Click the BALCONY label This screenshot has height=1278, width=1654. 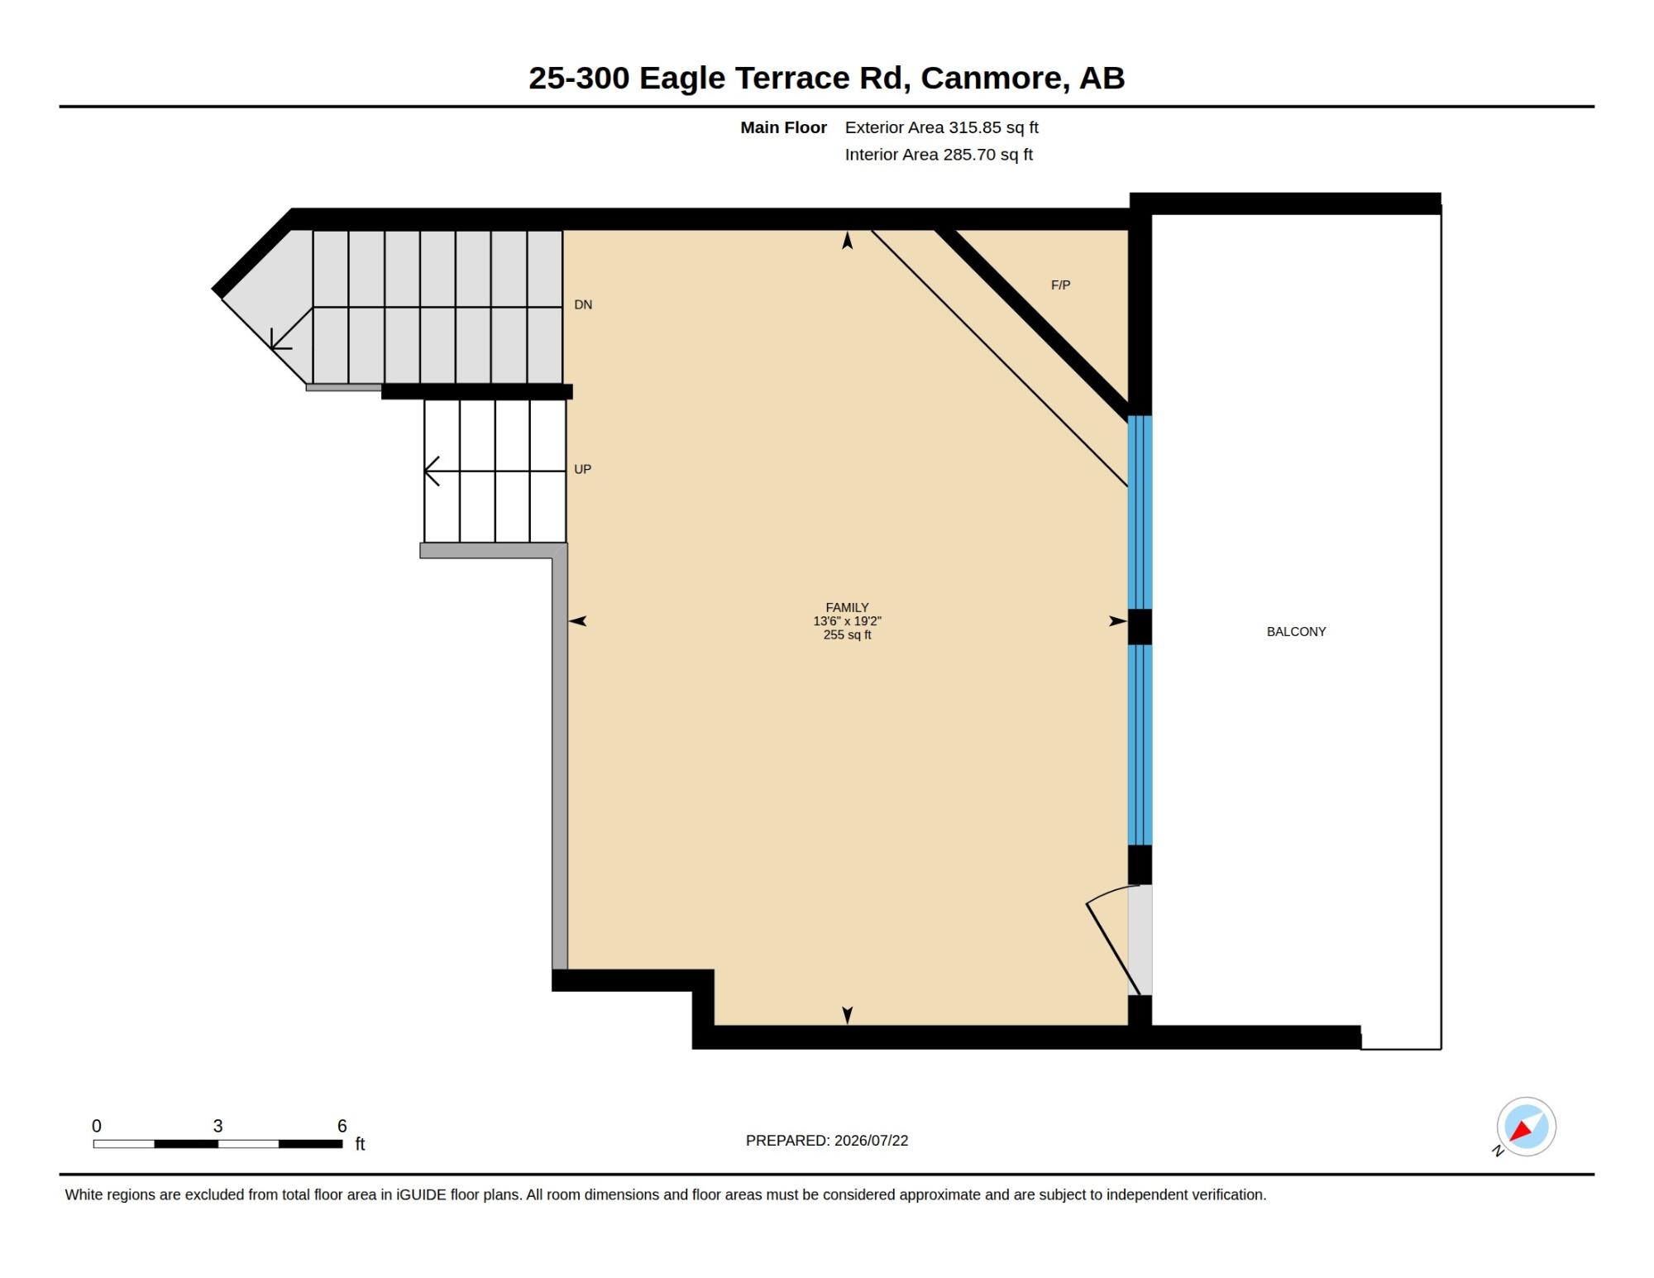coord(1296,632)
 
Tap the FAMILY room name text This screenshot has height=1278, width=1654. coord(847,607)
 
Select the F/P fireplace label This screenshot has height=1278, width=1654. coord(1060,285)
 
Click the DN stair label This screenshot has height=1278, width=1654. coord(583,305)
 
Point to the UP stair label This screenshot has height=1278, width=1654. coord(582,470)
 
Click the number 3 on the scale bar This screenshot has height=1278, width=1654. coord(218,1126)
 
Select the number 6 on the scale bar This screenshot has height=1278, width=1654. coord(342,1126)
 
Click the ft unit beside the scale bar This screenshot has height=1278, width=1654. coord(360,1144)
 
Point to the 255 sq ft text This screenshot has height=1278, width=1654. coord(847,635)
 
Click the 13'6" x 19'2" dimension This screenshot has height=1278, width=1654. coord(847,621)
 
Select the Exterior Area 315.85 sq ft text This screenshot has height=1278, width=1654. coord(941,127)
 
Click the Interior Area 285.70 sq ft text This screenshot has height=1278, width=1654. coord(939,155)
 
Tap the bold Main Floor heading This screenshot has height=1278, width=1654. coord(783,127)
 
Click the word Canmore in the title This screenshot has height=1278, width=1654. coord(992,79)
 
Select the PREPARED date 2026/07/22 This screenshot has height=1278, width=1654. coord(871,1141)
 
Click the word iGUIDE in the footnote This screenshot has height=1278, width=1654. coord(422,1195)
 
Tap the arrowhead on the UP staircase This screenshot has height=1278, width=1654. coord(431,471)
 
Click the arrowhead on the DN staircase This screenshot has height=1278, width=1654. coord(280,340)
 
